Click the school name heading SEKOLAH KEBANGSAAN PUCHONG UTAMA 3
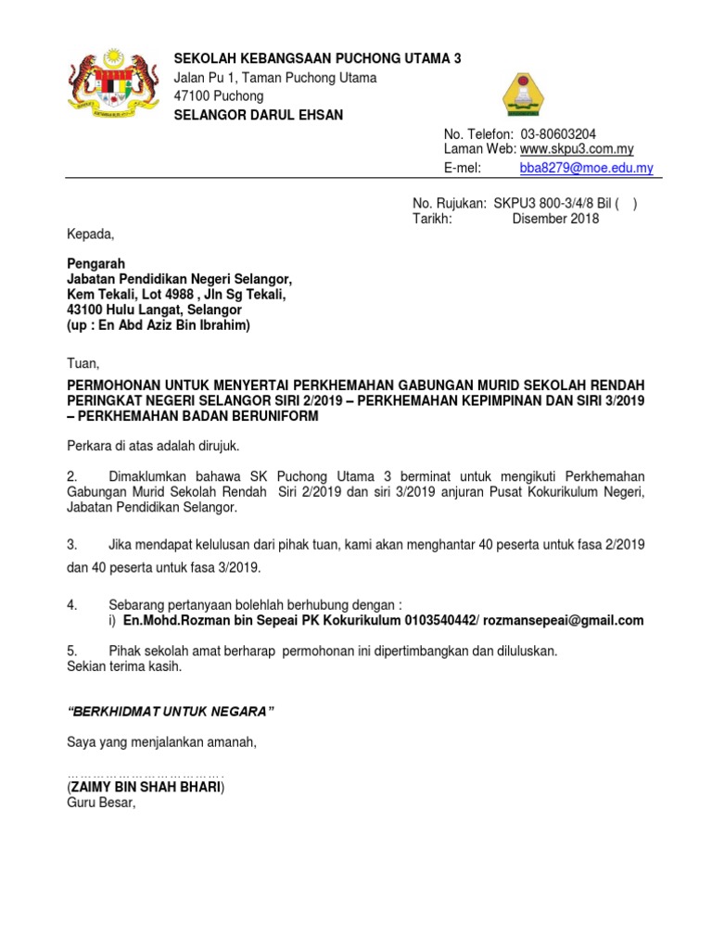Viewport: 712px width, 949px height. click(x=317, y=58)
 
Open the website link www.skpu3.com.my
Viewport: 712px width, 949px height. click(x=577, y=149)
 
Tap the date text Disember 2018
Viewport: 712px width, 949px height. click(x=555, y=219)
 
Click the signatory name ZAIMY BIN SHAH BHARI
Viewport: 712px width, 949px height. click(x=146, y=787)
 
